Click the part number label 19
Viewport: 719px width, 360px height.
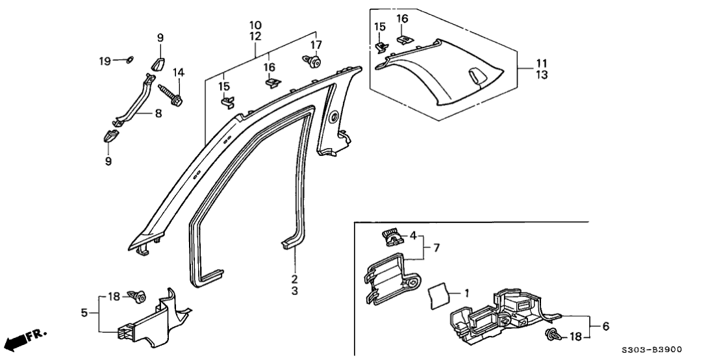pyautogui.click(x=105, y=60)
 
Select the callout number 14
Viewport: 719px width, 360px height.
pyautogui.click(x=178, y=72)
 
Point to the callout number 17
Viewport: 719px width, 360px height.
pyautogui.click(x=316, y=45)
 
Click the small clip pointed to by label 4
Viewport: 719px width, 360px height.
pyautogui.click(x=390, y=237)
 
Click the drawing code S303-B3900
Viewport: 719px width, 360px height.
pyautogui.click(x=657, y=349)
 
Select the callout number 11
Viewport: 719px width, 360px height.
pyautogui.click(x=542, y=63)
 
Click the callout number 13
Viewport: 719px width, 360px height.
pyautogui.click(x=542, y=75)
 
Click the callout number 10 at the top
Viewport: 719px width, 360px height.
pyautogui.click(x=255, y=25)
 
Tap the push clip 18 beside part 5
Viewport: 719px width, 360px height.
pyautogui.click(x=138, y=298)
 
